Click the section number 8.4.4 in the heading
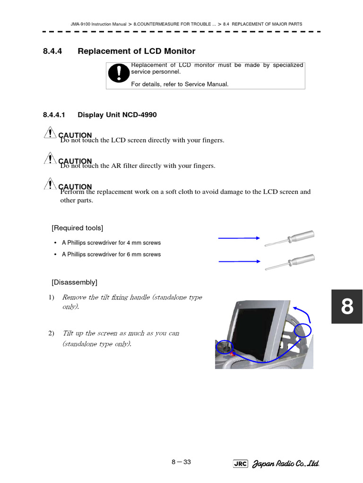52,51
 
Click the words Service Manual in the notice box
207,84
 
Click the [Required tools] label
78,228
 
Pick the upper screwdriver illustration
289,238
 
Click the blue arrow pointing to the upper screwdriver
239,238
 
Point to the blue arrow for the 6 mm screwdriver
239,261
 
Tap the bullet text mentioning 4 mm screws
111,243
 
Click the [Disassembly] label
75,283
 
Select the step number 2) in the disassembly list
52,333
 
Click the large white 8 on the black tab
347,307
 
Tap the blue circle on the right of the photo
302,331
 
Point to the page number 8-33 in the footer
181,462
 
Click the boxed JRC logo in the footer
241,464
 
